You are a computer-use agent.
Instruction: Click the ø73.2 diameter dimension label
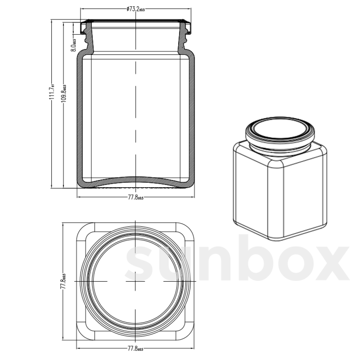[x=136, y=10]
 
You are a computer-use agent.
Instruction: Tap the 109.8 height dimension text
[x=64, y=93]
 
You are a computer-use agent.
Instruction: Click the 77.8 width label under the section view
[x=136, y=197]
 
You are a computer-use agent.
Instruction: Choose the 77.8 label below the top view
[x=136, y=349]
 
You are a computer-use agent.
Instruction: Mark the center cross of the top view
[x=136, y=282]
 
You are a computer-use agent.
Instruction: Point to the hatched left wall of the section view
[x=79, y=120]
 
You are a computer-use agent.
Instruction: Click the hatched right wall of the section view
[x=192, y=120]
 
